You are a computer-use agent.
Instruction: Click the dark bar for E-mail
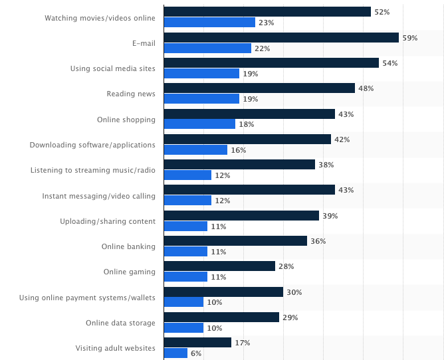pyautogui.click(x=281, y=37)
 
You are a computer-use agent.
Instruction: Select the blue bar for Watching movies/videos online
pyautogui.click(x=209, y=23)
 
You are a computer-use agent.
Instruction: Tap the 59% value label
pyautogui.click(x=409, y=38)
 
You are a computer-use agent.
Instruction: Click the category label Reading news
pyautogui.click(x=131, y=94)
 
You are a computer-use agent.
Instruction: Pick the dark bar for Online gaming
pyautogui.click(x=219, y=266)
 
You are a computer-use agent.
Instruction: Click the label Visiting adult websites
pyautogui.click(x=115, y=348)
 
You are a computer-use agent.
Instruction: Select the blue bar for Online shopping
pyautogui.click(x=199, y=124)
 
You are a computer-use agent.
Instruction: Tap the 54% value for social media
pyautogui.click(x=389, y=63)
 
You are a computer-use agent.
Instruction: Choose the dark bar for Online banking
pyautogui.click(x=235, y=241)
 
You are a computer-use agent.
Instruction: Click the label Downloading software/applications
pyautogui.click(x=92, y=145)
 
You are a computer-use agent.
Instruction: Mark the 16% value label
pyautogui.click(x=239, y=150)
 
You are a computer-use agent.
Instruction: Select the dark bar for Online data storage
pyautogui.click(x=221, y=317)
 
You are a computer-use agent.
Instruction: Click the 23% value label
pyautogui.click(x=266, y=23)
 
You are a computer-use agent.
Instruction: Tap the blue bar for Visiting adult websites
pyautogui.click(x=175, y=353)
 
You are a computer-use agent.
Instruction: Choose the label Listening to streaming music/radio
pyautogui.click(x=93, y=170)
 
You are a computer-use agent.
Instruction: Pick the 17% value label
pyautogui.click(x=242, y=343)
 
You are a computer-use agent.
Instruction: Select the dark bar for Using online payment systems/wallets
pyautogui.click(x=223, y=292)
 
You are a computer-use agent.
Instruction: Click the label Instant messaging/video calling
pyautogui.click(x=98, y=196)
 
